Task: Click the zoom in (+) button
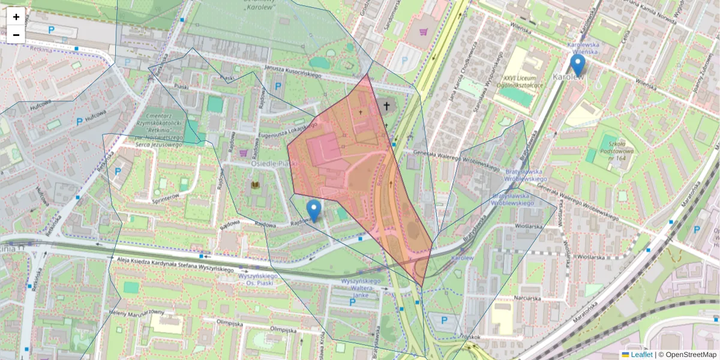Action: tap(16, 17)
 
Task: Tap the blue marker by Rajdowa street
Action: tap(313, 210)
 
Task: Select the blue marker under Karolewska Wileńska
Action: tap(577, 65)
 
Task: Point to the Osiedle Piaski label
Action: tap(266, 163)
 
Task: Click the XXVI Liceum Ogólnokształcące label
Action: tap(524, 82)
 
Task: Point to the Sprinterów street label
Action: tap(166, 196)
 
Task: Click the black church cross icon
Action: tap(386, 107)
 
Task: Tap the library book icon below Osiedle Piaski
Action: tap(256, 185)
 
